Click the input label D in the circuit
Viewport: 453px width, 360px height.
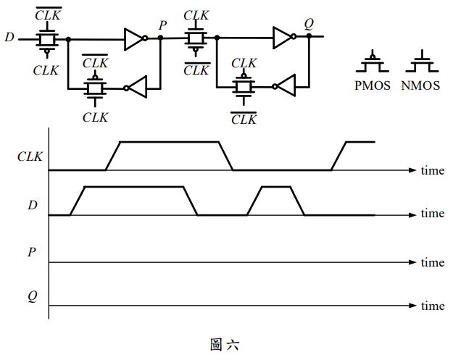9,36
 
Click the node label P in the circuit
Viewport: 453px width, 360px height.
163,24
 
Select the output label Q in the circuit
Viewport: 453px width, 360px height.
309,23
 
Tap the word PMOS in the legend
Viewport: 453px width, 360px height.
373,85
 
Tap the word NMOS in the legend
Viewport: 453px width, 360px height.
420,85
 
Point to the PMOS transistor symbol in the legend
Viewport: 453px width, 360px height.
373,62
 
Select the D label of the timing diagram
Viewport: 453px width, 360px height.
32,206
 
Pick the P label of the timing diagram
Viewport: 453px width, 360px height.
32,252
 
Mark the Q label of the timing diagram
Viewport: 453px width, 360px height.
32,296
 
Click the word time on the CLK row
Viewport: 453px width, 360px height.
433,170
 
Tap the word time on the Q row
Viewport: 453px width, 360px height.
433,306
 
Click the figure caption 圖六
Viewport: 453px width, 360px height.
225,344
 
